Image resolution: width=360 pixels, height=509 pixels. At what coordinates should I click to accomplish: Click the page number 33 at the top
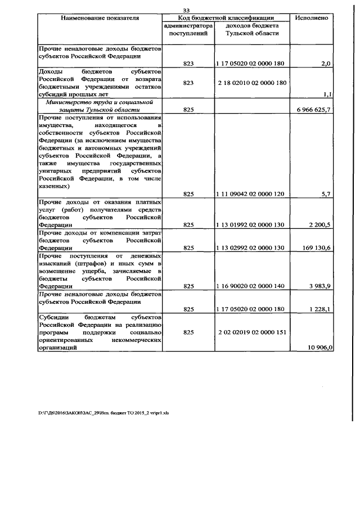pos(187,9)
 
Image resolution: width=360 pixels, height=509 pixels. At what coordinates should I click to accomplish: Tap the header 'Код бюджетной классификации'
pos(226,18)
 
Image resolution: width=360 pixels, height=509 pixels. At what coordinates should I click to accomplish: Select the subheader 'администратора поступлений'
pos(188,30)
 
